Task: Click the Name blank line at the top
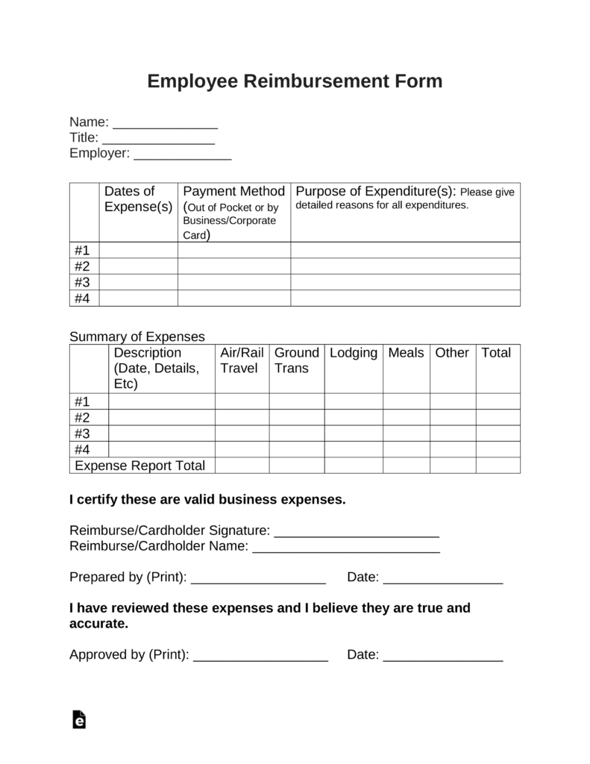click(x=165, y=125)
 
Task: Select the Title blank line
click(x=158, y=140)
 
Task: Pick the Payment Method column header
click(x=233, y=192)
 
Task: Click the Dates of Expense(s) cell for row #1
click(x=138, y=251)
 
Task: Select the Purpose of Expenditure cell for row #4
click(x=405, y=298)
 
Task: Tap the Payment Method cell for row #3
click(x=233, y=283)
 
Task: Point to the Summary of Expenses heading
click(x=137, y=336)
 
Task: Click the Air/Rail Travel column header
click(x=242, y=360)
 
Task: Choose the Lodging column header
click(x=354, y=353)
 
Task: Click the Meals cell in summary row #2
click(x=407, y=418)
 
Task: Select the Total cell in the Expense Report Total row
click(x=498, y=466)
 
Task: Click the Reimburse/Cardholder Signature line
click(x=357, y=533)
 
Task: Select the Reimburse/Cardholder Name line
click(x=346, y=549)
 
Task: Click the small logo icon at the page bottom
click(x=79, y=719)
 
